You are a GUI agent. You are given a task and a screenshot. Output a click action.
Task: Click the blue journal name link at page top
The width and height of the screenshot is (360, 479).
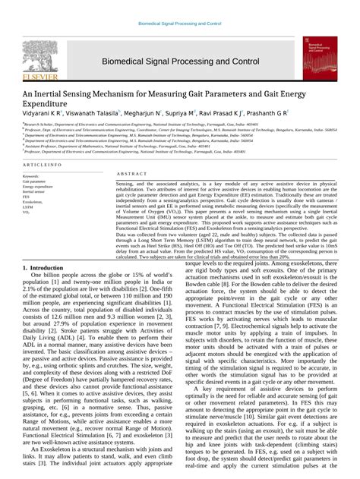[x=180, y=24]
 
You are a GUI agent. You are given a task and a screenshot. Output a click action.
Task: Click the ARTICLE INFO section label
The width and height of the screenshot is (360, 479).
[x=43, y=165]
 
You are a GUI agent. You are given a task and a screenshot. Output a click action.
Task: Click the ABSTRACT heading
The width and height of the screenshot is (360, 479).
[x=131, y=175]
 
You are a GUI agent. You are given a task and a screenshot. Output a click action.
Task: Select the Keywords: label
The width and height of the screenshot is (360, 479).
[x=31, y=176]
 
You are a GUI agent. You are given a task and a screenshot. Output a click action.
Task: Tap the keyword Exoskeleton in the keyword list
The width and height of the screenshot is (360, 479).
[x=33, y=202]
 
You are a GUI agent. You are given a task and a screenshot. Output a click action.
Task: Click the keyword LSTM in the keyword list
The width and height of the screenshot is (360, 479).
[x=27, y=207]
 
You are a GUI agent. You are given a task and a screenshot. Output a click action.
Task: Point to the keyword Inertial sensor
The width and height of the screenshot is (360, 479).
[x=35, y=191]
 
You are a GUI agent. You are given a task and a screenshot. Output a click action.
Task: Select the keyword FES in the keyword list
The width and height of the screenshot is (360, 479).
[x=27, y=197]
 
